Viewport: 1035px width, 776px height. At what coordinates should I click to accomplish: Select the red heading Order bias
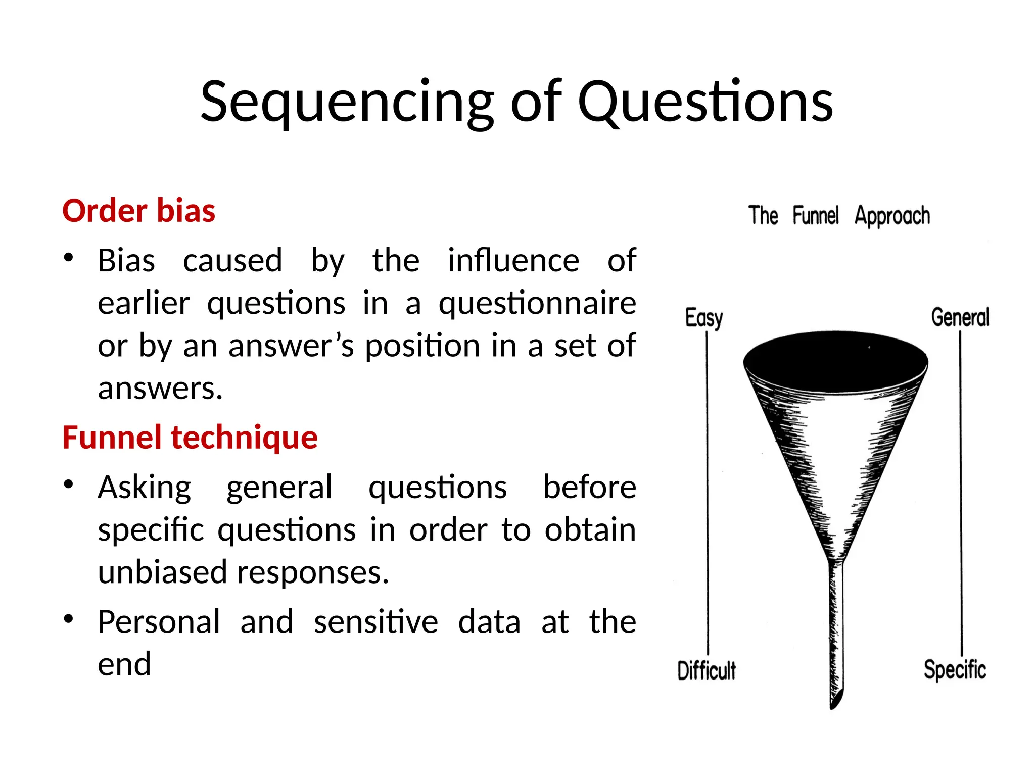tap(138, 211)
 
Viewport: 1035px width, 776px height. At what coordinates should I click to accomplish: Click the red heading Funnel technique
tap(190, 438)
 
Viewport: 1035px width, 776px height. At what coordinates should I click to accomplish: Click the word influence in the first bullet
tap(513, 261)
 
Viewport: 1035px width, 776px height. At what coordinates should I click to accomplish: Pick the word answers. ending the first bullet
tap(160, 389)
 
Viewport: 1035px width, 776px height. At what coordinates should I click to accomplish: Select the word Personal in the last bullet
tap(159, 622)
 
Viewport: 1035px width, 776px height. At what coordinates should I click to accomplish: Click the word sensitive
tap(375, 622)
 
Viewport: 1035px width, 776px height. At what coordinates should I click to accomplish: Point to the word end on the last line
tap(124, 664)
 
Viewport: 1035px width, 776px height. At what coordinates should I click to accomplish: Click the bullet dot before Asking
tap(69, 485)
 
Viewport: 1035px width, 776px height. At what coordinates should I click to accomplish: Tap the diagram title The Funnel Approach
tap(838, 216)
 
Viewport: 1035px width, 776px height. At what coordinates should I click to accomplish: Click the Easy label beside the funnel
tap(703, 318)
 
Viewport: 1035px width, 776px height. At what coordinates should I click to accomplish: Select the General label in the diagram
tap(960, 317)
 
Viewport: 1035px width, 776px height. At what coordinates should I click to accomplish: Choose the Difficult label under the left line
tap(706, 670)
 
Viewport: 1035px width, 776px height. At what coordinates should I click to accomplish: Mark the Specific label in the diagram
tap(955, 670)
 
